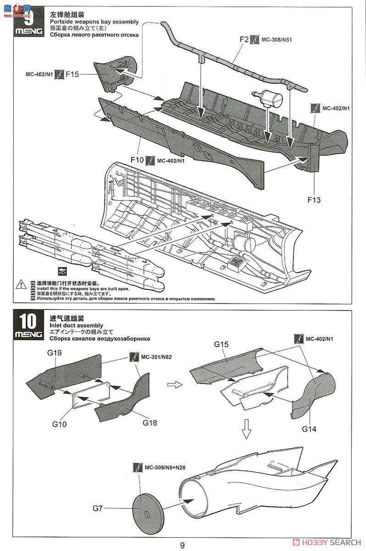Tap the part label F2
[x=244, y=39]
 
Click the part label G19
[x=54, y=353]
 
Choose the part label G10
[x=59, y=424]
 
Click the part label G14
[x=310, y=429]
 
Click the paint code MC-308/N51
[x=277, y=40]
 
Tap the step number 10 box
[x=28, y=320]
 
